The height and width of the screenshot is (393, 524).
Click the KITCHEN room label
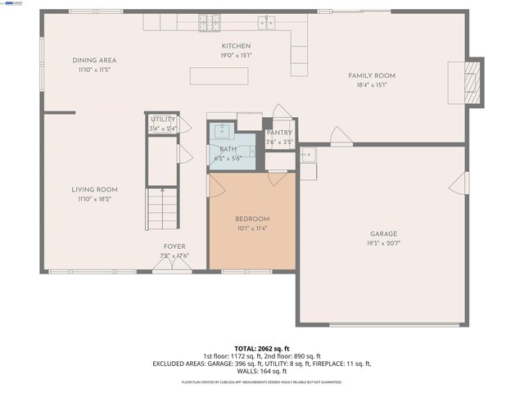click(x=236, y=46)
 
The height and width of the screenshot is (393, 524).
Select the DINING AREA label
click(x=95, y=60)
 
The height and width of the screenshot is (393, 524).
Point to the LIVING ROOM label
click(x=95, y=189)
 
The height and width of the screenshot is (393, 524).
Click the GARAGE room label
click(x=383, y=233)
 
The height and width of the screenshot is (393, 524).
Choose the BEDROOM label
click(x=252, y=219)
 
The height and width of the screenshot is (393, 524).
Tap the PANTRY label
click(x=279, y=133)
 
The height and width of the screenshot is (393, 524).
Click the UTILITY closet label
click(x=162, y=120)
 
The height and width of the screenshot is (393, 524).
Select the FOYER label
click(x=174, y=246)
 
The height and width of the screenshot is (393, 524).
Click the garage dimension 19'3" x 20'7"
click(x=383, y=243)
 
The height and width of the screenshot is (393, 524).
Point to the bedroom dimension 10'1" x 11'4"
click(x=252, y=228)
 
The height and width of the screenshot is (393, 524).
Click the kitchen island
click(x=219, y=76)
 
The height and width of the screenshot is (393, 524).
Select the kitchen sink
click(x=265, y=21)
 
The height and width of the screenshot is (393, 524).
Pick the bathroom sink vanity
click(x=221, y=129)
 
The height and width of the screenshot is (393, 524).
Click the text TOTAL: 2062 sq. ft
click(x=262, y=348)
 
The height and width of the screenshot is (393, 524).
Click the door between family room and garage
click(x=341, y=141)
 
